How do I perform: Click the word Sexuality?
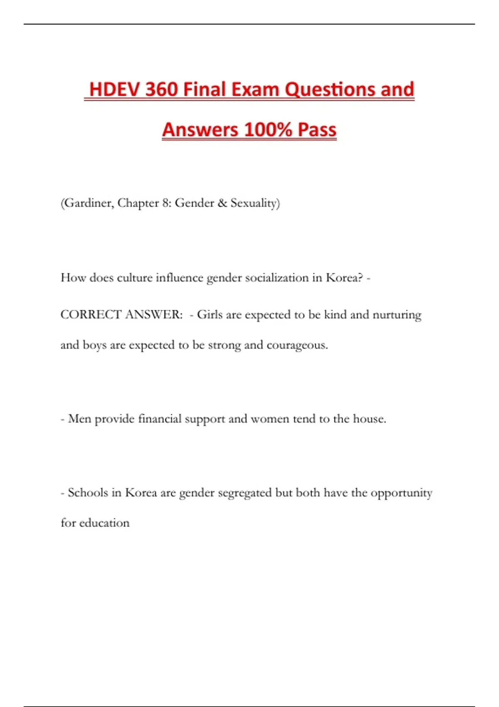pos(255,203)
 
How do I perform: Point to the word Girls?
pos(210,314)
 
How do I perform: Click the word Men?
pos(79,419)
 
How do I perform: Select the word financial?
pos(160,419)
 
